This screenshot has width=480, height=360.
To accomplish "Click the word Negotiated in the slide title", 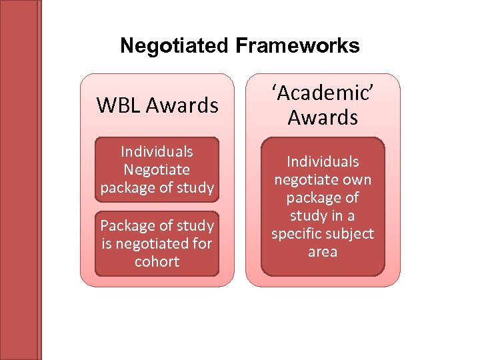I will pos(174,46).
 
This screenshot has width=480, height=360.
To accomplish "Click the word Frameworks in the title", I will pos(297,46).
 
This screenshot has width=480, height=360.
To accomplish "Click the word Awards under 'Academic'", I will pos(323,117).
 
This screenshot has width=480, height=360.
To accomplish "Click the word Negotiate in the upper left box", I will pos(157,170).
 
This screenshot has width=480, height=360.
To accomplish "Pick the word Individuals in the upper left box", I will pos(157,152).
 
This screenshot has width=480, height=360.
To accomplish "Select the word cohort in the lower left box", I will pos(157,261).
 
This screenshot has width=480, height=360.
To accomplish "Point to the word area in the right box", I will pos(323,252).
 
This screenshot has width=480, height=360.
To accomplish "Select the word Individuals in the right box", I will pos(323,161).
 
